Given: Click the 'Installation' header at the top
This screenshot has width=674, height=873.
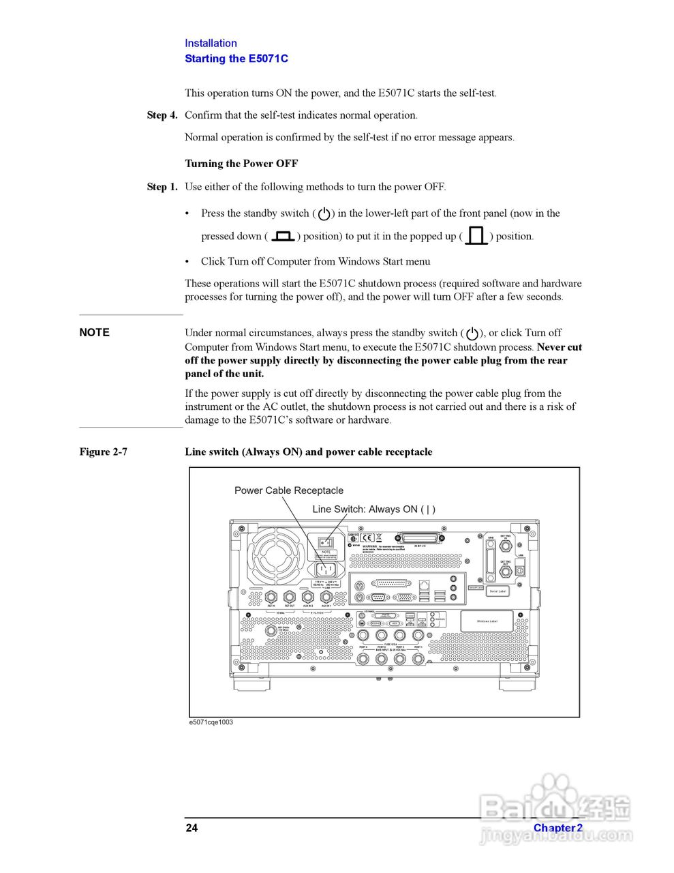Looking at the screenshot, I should click(x=211, y=43).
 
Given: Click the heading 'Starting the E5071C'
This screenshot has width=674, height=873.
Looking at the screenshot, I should click(x=236, y=59).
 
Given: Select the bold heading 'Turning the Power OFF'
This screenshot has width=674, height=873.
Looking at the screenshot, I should click(x=241, y=164).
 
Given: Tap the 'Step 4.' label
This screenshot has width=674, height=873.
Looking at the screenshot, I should click(x=162, y=115).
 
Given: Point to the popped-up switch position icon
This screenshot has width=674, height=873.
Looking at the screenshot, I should click(x=476, y=236).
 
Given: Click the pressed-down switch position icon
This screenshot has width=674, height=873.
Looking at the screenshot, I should click(x=282, y=236).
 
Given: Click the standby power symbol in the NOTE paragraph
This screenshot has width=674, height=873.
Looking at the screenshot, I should click(x=472, y=334).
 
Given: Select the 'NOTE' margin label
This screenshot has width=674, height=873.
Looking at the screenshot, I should click(x=94, y=333).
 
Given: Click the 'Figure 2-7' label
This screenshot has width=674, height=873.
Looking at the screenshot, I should click(x=103, y=452).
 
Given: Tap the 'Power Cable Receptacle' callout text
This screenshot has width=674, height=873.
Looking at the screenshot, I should click(x=288, y=490).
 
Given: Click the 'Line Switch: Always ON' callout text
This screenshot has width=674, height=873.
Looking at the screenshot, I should click(x=373, y=509).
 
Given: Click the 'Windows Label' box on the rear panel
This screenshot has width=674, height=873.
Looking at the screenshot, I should click(x=487, y=621).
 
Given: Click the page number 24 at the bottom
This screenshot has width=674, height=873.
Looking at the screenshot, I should click(x=192, y=828).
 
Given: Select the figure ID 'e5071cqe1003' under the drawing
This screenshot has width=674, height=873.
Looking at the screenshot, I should click(x=211, y=722).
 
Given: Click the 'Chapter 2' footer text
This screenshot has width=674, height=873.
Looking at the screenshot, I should click(x=557, y=828).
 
